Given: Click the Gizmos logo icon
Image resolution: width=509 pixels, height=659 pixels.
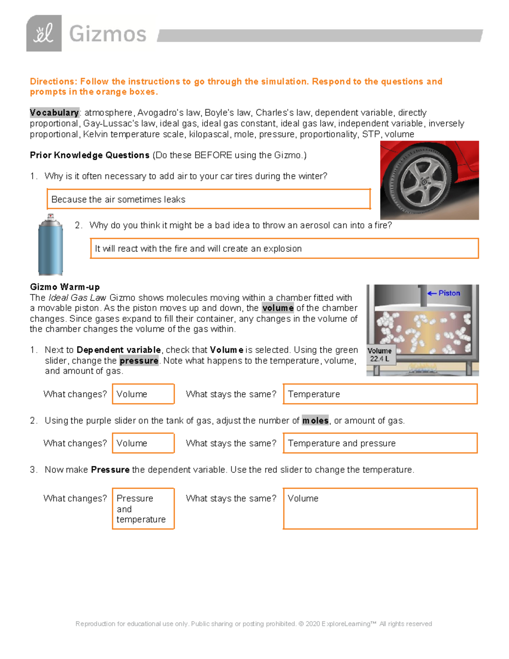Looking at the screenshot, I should point(44,34).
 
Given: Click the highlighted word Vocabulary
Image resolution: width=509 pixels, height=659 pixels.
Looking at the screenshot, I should point(54,113).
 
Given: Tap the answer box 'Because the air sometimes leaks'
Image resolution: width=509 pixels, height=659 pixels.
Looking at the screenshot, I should point(208,199).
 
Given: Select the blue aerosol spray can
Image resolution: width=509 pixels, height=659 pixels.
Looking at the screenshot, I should point(50,246).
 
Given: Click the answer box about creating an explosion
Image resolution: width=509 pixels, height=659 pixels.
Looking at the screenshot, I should point(284,249).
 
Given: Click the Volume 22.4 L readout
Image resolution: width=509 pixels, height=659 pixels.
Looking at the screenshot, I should point(380,355).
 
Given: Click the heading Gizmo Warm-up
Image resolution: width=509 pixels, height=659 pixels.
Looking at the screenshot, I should point(64,287).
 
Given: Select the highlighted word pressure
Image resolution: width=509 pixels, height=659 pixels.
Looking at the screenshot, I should point(139,361).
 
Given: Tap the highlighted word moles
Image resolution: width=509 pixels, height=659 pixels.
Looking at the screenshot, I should point(315,421).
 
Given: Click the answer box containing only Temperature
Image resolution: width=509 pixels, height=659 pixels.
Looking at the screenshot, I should point(380,394).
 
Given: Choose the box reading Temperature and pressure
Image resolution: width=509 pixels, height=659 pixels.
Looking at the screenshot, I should point(380,443).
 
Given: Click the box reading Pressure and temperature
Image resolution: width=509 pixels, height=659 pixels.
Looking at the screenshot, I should point(143,509).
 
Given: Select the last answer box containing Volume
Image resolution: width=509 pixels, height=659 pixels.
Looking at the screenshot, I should point(380,509).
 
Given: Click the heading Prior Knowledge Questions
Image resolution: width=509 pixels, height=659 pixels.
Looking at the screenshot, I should point(89,155).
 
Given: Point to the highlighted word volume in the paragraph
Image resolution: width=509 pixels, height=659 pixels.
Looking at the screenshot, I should point(278,308).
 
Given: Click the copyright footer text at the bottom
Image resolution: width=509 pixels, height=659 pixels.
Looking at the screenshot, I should point(254,624).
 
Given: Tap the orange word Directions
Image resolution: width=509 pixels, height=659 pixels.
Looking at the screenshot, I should point(52,81).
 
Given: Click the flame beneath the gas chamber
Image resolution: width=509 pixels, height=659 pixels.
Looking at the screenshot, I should point(422,368).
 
